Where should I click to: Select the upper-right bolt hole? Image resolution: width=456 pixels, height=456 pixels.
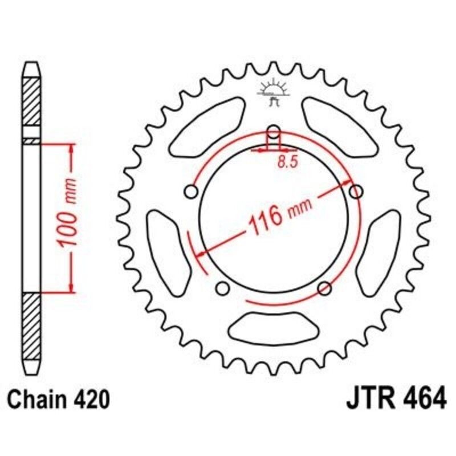356,191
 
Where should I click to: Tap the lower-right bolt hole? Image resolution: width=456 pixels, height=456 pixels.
324,287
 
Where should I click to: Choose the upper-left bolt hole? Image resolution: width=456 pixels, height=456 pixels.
191,190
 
